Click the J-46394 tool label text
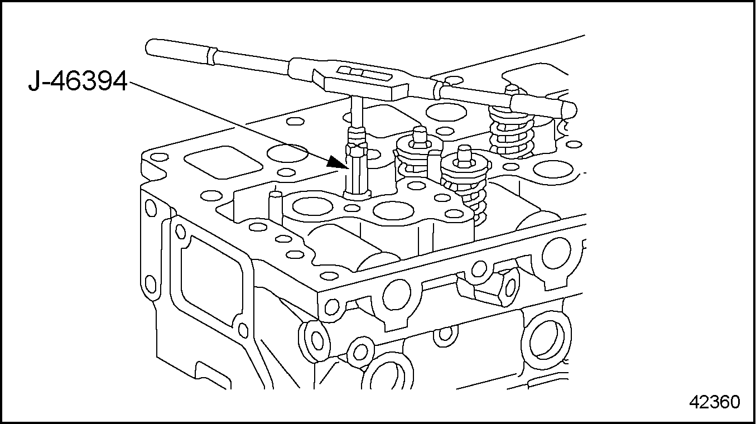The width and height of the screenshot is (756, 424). click(78, 81)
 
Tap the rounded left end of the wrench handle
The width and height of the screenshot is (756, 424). click(150, 47)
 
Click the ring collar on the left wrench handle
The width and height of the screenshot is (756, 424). click(211, 56)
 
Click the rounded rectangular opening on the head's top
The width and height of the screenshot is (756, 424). click(223, 162)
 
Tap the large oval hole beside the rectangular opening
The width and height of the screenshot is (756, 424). click(287, 153)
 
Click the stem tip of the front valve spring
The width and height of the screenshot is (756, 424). click(465, 155)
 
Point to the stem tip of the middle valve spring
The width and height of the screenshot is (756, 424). click(420, 137)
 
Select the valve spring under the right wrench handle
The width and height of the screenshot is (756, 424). click(511, 133)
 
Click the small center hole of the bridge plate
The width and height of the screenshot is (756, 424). click(353, 208)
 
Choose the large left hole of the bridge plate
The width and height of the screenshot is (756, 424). click(313, 206)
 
